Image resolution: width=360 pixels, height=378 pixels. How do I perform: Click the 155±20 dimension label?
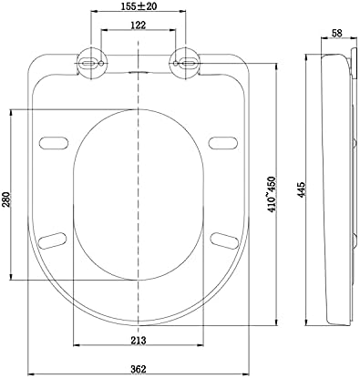pos(139,6)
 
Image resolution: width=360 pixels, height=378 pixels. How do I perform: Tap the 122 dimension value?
pos(139,25)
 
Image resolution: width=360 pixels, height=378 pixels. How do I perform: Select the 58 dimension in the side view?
pos(336,34)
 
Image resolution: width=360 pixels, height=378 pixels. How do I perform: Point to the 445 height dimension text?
pos(301,190)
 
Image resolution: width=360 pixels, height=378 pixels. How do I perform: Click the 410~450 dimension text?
pos(273,194)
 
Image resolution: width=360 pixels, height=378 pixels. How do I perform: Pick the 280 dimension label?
pos(6,199)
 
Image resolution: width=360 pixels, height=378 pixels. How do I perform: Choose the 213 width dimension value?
pos(139,341)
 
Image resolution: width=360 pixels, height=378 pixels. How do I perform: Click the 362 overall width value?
pos(139,369)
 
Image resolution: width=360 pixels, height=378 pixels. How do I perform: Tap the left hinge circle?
pos(92,64)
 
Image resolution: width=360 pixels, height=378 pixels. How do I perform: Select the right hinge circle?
pos(185,64)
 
